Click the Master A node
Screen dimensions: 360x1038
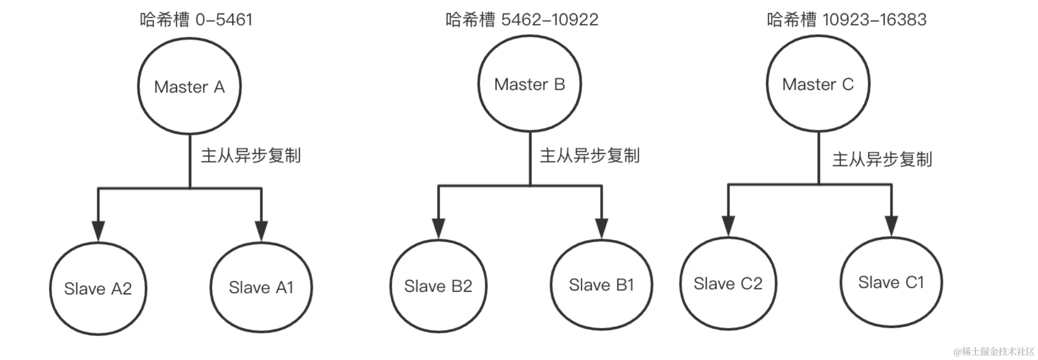(x=189, y=86)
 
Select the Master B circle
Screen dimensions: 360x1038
(x=529, y=84)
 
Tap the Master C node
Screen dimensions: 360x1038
(x=818, y=84)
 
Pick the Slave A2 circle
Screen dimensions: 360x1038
(x=98, y=289)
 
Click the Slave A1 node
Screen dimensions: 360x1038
(x=261, y=288)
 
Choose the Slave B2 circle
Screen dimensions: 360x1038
(x=438, y=286)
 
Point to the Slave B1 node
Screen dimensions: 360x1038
(x=601, y=285)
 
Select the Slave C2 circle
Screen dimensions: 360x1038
(x=728, y=284)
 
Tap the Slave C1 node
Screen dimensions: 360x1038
(x=891, y=282)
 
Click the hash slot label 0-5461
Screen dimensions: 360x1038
(x=196, y=20)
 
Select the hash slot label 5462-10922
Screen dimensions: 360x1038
(x=522, y=20)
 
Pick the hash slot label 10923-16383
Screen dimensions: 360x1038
(x=846, y=20)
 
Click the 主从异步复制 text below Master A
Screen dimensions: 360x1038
(x=251, y=156)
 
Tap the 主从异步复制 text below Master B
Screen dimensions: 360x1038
(x=589, y=156)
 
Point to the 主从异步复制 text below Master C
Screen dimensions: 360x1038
(x=882, y=160)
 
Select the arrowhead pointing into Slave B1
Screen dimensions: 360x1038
(x=602, y=228)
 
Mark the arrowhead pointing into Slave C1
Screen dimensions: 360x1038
(x=891, y=225)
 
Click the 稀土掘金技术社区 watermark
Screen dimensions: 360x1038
(x=994, y=351)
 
